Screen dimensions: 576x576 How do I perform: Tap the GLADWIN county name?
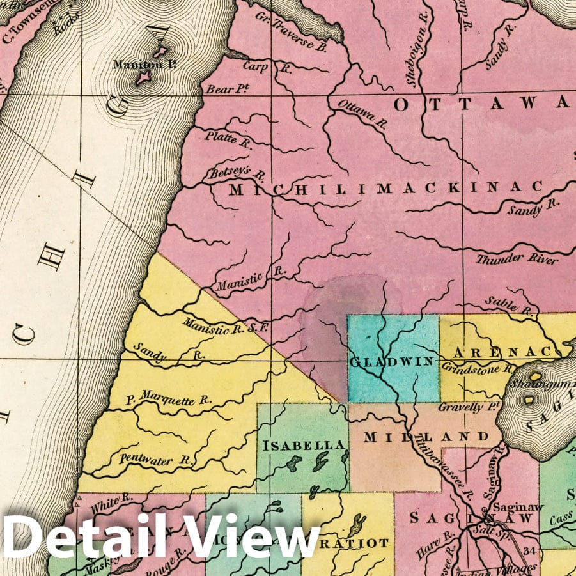click(391, 362)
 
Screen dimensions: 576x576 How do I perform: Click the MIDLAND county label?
click(426, 438)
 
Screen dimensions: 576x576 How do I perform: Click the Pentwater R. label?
click(157, 458)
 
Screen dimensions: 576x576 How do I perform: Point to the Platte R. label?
click(228, 139)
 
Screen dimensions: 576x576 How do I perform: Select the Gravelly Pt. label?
click(468, 407)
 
